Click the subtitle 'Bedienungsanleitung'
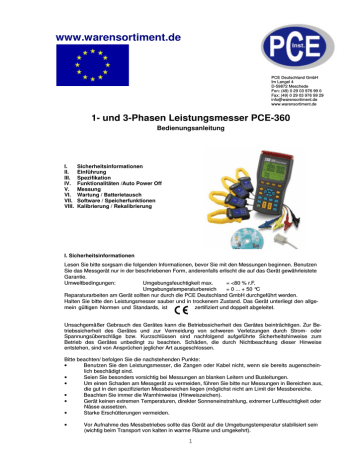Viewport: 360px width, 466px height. point(180,131)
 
